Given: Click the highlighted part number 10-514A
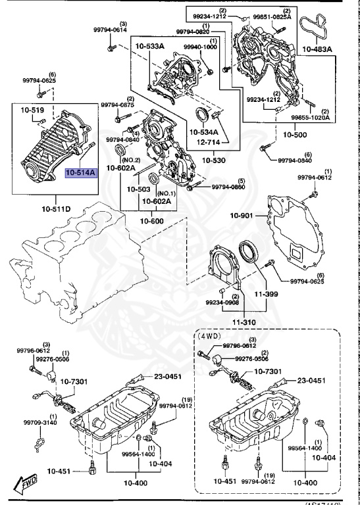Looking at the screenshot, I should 80,173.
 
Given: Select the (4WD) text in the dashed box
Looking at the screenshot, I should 210,335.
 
